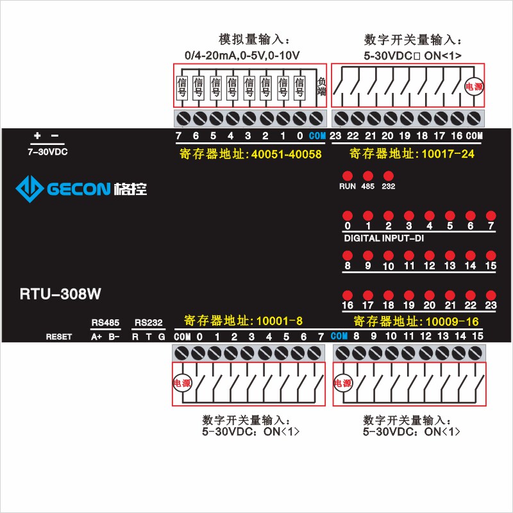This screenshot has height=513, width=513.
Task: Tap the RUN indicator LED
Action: pos(348,176)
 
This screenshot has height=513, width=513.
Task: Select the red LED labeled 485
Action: pos(367,176)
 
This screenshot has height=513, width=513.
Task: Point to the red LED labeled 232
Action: pos(388,176)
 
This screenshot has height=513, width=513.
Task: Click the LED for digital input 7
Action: pos(491,215)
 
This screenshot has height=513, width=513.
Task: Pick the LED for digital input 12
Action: pos(429,255)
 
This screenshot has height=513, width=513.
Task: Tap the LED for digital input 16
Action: pos(348,295)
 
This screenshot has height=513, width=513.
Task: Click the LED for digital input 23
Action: pos(491,295)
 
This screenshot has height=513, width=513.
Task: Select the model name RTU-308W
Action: pos(56,294)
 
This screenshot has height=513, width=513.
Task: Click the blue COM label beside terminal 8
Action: pos(339,336)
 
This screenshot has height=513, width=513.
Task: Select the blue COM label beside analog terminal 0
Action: pos(317,136)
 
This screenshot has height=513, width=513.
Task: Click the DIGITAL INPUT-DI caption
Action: pos(383,239)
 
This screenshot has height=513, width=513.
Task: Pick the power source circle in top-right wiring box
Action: pos(473,85)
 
